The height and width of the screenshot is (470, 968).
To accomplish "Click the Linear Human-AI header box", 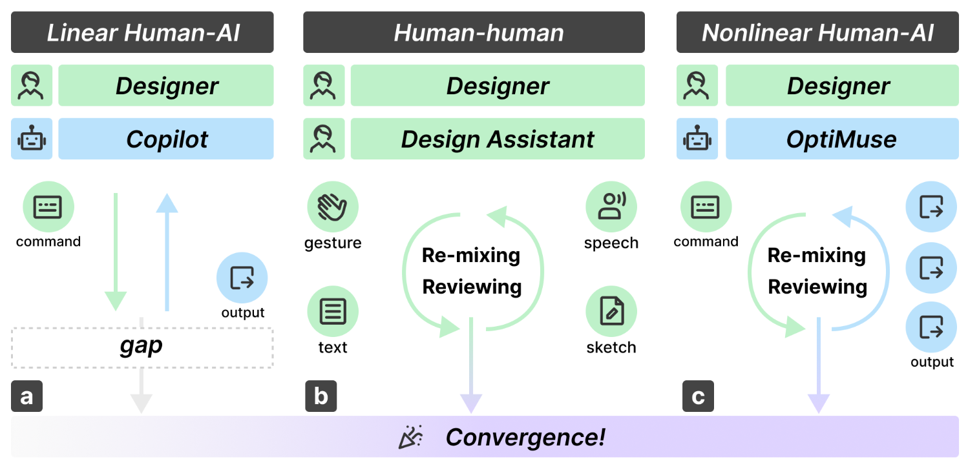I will click(x=142, y=32).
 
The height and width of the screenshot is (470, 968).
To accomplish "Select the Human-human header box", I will click(x=474, y=32).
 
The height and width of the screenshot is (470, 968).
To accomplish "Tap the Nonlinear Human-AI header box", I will click(x=817, y=32).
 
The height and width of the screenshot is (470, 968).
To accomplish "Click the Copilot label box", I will click(x=166, y=139).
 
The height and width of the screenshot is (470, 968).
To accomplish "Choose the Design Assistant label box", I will click(x=497, y=139).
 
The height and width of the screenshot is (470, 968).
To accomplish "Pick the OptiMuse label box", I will click(x=841, y=139).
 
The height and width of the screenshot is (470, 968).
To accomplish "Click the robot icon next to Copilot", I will click(x=32, y=139).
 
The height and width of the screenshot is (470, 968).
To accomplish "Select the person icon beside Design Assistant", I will click(x=324, y=139).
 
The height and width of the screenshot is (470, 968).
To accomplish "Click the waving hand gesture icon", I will click(x=332, y=207).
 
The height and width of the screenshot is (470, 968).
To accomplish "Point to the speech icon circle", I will click(x=611, y=207).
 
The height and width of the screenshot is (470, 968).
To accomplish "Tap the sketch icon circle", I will click(x=611, y=312).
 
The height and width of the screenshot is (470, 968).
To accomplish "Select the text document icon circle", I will click(x=332, y=312).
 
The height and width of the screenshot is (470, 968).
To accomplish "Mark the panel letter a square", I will click(x=26, y=396).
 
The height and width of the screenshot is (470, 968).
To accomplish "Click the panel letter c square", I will click(x=698, y=396).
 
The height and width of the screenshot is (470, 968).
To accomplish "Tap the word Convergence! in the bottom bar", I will click(x=525, y=437).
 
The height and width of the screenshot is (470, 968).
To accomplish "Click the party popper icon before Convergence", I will click(x=410, y=437).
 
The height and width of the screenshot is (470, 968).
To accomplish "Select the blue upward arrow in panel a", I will click(x=167, y=252).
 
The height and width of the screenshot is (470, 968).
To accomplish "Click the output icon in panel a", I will click(x=242, y=279).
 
